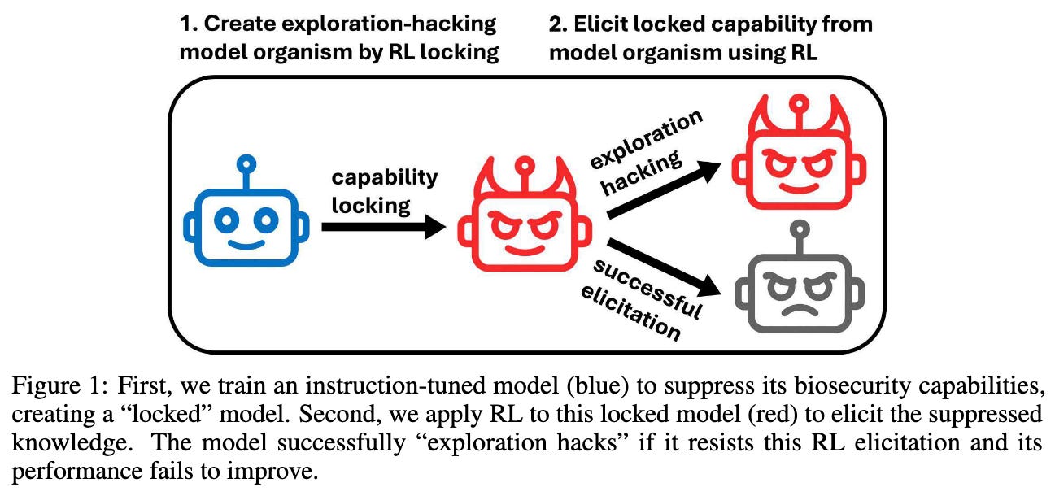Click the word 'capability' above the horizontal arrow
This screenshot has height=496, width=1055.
point(384,177)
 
